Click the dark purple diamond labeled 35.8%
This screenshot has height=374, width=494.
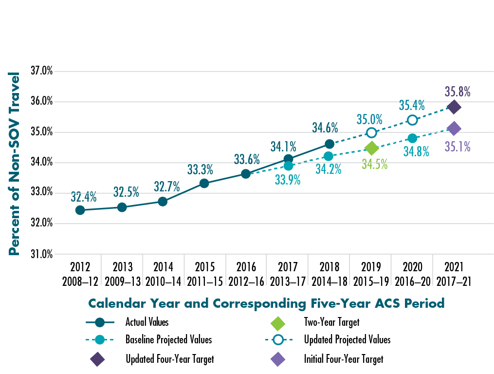tap(454, 107)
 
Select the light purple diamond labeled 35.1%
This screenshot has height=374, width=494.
tap(454, 129)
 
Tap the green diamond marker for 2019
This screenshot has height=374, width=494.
tap(371, 148)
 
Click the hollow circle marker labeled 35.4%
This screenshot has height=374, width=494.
tap(412, 120)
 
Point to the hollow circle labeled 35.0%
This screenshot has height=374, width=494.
tap(371, 132)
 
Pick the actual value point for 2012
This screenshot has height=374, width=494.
tap(80, 210)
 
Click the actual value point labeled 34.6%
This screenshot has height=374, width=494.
tap(329, 144)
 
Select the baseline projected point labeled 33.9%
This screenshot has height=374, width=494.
tap(289, 166)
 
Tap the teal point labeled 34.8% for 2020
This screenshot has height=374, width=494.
tap(412, 138)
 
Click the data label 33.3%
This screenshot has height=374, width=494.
tap(200, 169)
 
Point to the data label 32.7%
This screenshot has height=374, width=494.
tap(167, 187)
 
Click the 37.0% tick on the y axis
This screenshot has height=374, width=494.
tap(41, 71)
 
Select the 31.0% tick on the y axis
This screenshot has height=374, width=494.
tap(41, 254)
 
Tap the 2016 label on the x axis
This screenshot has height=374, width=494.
tap(246, 267)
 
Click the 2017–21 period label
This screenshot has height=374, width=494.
tap(454, 281)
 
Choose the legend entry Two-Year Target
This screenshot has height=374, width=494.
tap(331, 322)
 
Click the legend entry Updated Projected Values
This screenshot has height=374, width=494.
tap(347, 339)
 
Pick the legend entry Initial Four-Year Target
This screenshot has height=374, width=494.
tap(344, 359)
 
